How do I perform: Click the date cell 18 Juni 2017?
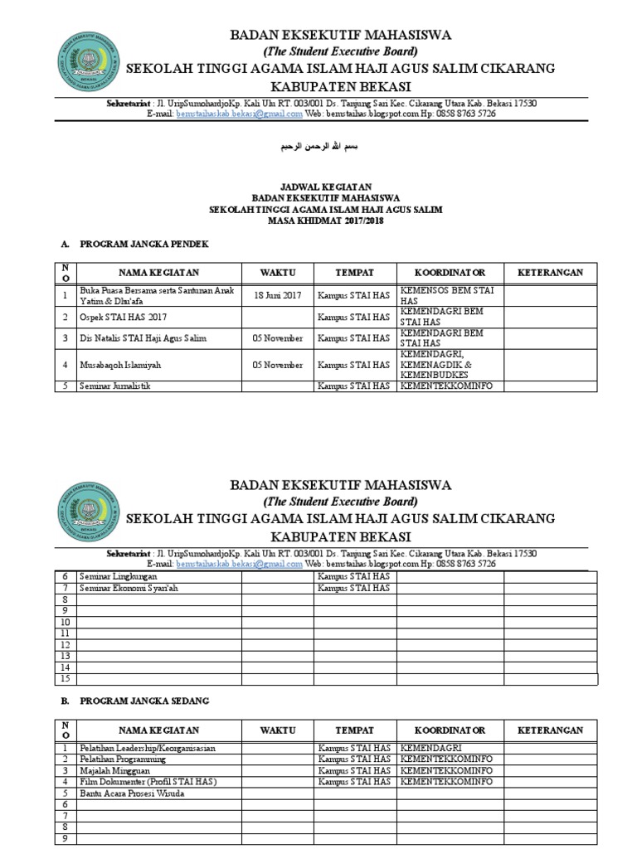pyautogui.click(x=278, y=295)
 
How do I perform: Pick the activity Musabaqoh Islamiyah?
pyautogui.click(x=120, y=364)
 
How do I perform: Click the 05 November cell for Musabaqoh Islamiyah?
pyautogui.click(x=278, y=364)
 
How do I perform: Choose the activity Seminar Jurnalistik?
pyautogui.click(x=117, y=386)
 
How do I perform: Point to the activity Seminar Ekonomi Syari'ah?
pyautogui.click(x=129, y=588)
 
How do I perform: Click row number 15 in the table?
pyautogui.click(x=64, y=678)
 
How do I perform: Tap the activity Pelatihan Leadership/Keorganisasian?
pyautogui.click(x=148, y=748)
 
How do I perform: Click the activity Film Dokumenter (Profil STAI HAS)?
pyautogui.click(x=148, y=782)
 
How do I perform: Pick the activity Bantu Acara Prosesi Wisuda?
pyautogui.click(x=132, y=793)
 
